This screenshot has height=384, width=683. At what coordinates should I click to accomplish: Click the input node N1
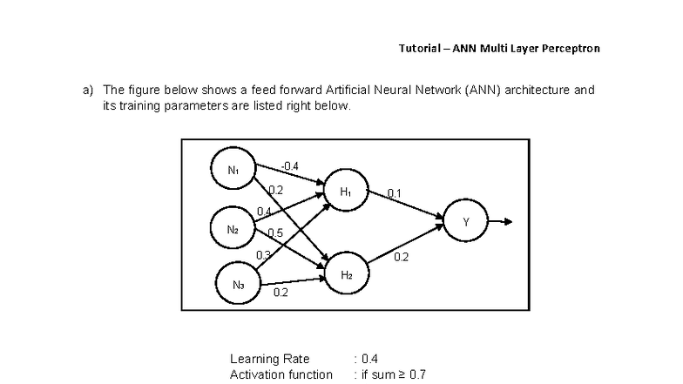point(233,171)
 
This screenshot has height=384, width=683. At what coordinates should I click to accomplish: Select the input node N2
point(233,229)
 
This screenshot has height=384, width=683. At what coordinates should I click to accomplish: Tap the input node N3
point(238,284)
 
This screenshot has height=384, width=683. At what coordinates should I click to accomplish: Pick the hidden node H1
point(345,192)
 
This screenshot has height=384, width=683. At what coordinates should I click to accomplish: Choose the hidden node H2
point(346,274)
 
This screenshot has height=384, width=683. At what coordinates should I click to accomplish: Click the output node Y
point(465,222)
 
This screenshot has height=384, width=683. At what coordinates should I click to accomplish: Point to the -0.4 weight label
point(290,165)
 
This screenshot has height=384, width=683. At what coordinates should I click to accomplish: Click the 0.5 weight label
point(275,232)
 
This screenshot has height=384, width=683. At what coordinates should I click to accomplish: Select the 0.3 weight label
point(263,254)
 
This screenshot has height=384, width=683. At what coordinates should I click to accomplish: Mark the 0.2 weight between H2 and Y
point(401,257)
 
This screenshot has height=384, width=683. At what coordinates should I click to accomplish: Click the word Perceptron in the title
point(568,48)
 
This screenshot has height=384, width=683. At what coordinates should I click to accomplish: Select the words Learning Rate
point(269,359)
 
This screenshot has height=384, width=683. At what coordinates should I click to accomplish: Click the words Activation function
point(281,374)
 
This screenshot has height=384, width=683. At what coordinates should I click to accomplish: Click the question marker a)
point(87,90)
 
